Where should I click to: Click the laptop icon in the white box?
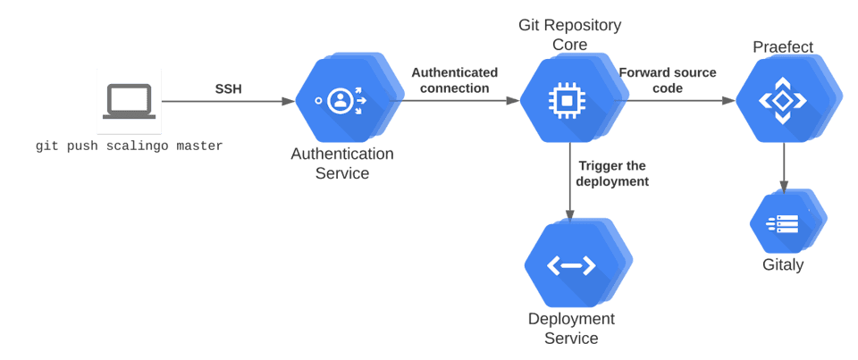[129, 101]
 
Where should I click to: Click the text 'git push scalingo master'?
[129, 146]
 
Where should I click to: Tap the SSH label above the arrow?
[228, 89]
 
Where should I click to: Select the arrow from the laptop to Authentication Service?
[228, 101]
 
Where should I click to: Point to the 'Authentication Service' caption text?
[341, 163]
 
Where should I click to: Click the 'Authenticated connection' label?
[454, 80]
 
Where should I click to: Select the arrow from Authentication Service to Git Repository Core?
[460, 101]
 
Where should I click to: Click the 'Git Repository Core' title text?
[570, 34]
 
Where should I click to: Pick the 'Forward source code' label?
[668, 80]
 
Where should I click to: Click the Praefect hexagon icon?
[782, 101]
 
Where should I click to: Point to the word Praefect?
[783, 46]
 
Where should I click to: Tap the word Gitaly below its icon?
[783, 265]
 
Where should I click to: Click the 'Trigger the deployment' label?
[612, 173]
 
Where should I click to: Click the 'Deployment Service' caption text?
[571, 329]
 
